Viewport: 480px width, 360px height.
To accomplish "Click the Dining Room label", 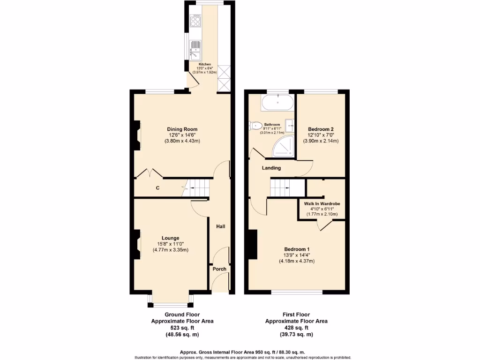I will coord(182,129).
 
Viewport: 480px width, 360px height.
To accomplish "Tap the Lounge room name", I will coord(171,238).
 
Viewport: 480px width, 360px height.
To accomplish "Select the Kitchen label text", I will coord(205,64).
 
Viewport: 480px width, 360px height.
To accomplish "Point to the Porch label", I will coord(219,269).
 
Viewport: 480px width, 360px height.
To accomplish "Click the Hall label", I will coord(220,226).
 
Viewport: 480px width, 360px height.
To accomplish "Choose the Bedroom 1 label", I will coord(296,249).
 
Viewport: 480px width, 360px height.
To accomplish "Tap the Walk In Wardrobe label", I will coord(322,204).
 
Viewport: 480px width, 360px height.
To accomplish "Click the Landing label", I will coord(271,168).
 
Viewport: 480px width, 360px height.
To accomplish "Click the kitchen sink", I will coord(195,46).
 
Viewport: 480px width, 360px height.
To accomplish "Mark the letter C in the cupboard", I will coord(158,188).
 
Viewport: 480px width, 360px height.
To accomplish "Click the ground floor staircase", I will coord(196,187).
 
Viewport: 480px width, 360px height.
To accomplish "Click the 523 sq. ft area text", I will coord(182,328).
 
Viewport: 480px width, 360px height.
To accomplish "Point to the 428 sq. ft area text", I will coord(296,328).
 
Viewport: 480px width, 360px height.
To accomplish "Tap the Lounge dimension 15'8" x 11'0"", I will coord(171,244).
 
